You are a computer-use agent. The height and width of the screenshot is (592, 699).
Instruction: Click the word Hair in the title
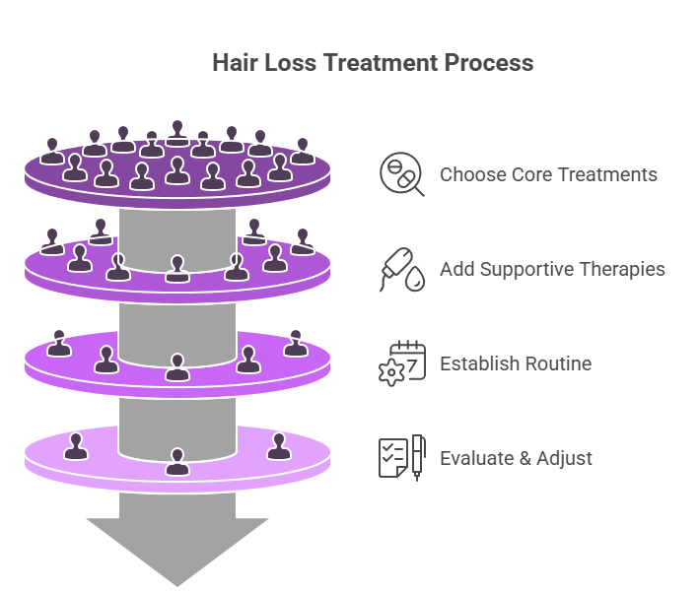tap(235, 63)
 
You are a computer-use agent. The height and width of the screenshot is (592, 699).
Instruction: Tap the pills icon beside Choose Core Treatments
tap(401, 174)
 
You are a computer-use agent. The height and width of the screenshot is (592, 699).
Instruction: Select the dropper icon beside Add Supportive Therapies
tap(401, 269)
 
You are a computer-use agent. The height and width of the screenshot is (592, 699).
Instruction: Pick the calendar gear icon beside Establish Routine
tap(401, 362)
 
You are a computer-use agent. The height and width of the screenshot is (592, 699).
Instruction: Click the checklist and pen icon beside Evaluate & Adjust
tap(401, 457)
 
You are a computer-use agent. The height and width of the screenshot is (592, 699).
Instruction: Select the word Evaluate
tap(475, 458)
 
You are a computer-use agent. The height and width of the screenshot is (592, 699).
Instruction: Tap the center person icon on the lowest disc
tap(177, 461)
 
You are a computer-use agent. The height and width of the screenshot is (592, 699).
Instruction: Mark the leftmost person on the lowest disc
tap(75, 446)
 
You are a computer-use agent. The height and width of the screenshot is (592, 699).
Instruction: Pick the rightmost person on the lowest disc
tap(278, 446)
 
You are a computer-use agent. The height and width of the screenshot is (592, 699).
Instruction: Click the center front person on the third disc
tap(177, 367)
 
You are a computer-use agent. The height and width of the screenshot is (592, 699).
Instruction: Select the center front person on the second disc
tap(177, 268)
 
